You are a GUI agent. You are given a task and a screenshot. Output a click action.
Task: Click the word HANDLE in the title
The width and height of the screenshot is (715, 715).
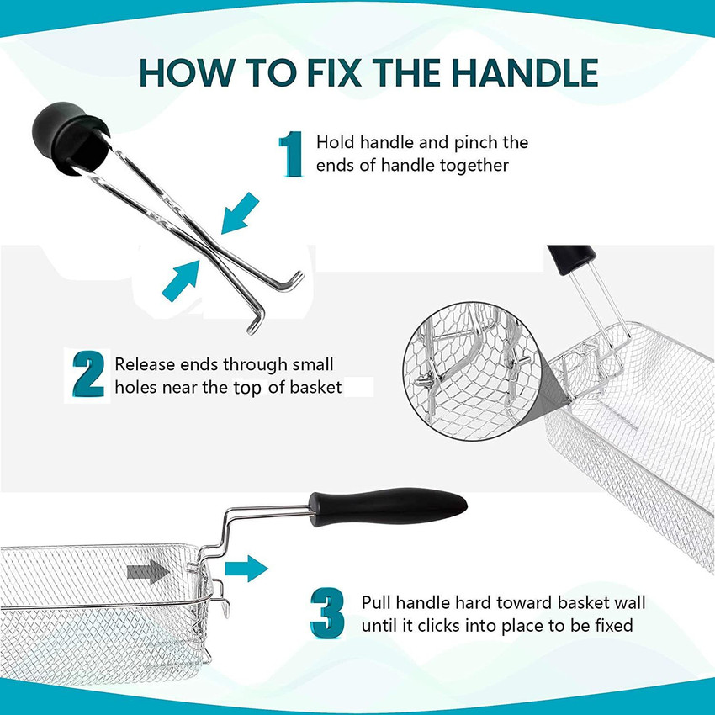(524, 72)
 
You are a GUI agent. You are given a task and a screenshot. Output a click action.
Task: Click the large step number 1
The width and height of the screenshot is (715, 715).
(290, 154)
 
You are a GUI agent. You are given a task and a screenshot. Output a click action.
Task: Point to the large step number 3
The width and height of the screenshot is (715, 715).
(327, 613)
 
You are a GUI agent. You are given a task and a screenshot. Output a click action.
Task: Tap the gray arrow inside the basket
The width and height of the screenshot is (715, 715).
(148, 571)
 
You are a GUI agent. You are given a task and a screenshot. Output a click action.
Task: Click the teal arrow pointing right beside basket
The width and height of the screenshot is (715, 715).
(246, 568)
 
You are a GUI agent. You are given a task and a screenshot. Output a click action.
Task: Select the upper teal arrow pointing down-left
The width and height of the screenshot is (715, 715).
(239, 214)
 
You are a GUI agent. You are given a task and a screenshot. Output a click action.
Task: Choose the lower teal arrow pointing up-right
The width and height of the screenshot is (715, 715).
(182, 281)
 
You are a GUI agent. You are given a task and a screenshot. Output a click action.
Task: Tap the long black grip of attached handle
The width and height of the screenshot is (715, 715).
(388, 506)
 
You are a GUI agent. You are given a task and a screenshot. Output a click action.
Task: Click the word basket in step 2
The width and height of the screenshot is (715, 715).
(315, 387)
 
